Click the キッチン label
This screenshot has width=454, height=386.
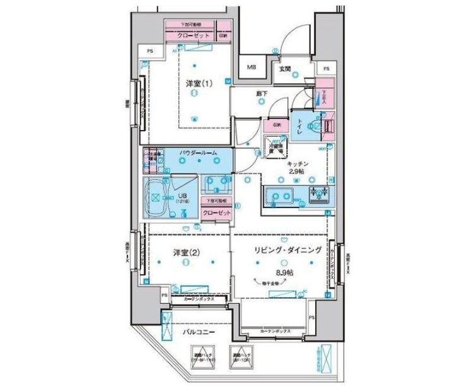tap(295, 163)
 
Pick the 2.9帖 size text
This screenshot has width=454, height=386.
tap(296, 172)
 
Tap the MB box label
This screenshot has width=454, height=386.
tap(252, 67)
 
